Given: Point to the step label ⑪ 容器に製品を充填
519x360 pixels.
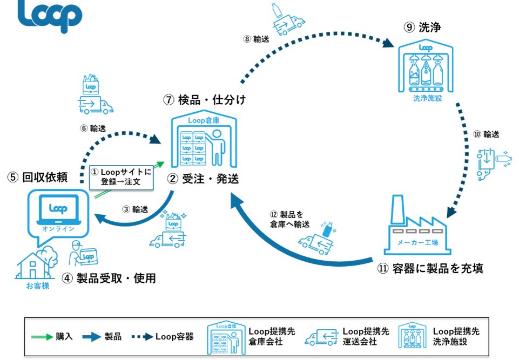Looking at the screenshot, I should coord(430,268).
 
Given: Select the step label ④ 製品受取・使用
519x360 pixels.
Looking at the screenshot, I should coord(109,279).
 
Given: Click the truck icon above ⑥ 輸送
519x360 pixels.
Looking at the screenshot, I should coord(96,103).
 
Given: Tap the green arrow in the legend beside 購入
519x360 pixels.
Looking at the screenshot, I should coord(41,337).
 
